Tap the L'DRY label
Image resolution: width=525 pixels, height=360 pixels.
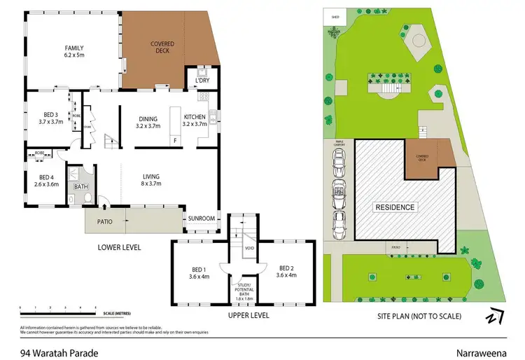pyautogui.click(x=202, y=81)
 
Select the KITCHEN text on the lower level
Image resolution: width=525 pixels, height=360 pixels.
pyautogui.click(x=195, y=118)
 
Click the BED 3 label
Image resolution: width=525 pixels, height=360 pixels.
pyautogui.click(x=50, y=116)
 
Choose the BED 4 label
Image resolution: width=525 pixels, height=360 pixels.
pyautogui.click(x=46, y=181)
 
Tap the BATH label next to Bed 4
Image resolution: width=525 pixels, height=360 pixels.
pyautogui.click(x=81, y=186)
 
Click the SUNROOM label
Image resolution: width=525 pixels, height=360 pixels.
pyautogui.click(x=201, y=218)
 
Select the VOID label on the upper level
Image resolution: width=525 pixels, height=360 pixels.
pyautogui.click(x=248, y=249)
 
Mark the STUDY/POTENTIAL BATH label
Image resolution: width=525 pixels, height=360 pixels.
pyautogui.click(x=244, y=289)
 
